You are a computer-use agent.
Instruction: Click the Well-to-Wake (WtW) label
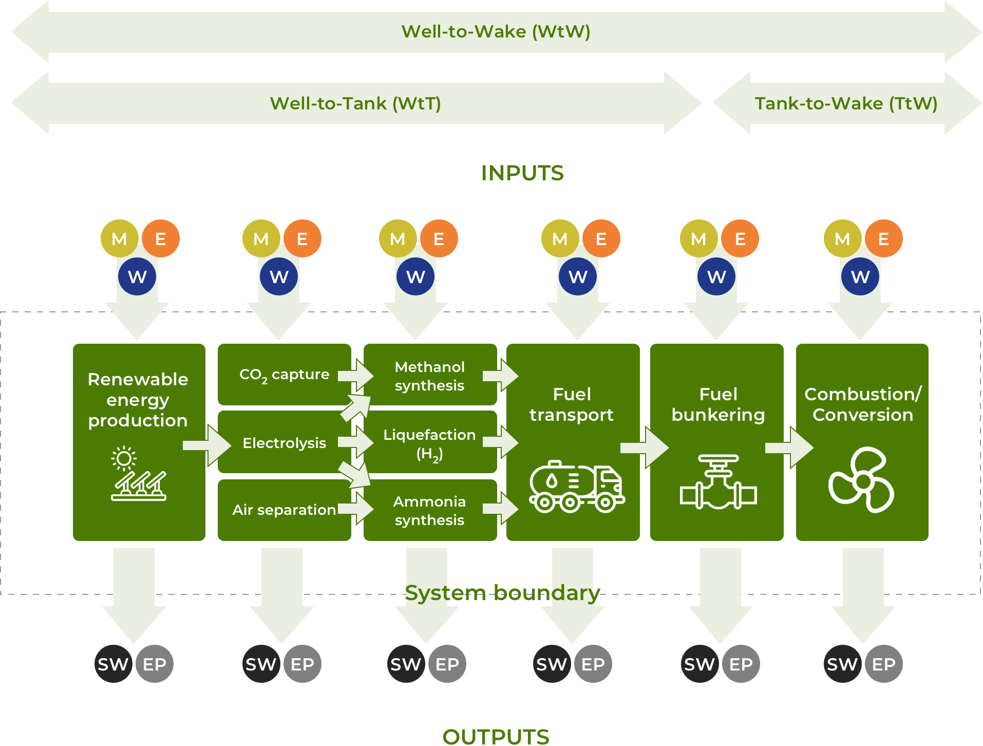pyautogui.click(x=496, y=32)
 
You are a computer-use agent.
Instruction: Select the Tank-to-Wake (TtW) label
pyautogui.click(x=846, y=104)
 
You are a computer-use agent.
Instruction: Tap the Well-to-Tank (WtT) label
pyautogui.click(x=355, y=104)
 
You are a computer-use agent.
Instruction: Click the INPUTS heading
pyautogui.click(x=522, y=173)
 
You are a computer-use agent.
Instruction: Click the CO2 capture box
pyautogui.click(x=284, y=375)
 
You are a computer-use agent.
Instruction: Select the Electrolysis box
pyautogui.click(x=284, y=442)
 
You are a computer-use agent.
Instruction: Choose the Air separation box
pyautogui.click(x=284, y=510)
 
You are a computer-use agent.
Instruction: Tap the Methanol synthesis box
pyautogui.click(x=429, y=376)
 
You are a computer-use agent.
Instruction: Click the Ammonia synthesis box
pyautogui.click(x=429, y=510)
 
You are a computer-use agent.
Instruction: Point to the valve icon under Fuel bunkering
pyautogui.click(x=718, y=482)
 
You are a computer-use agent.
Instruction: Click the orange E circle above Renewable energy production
pyautogui.click(x=161, y=238)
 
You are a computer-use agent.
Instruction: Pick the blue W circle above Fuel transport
pyautogui.click(x=578, y=276)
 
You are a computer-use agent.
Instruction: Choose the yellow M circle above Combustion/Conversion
pyautogui.click(x=842, y=238)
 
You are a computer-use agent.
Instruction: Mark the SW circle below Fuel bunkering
pyautogui.click(x=700, y=664)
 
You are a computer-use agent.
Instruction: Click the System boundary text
pyautogui.click(x=502, y=593)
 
